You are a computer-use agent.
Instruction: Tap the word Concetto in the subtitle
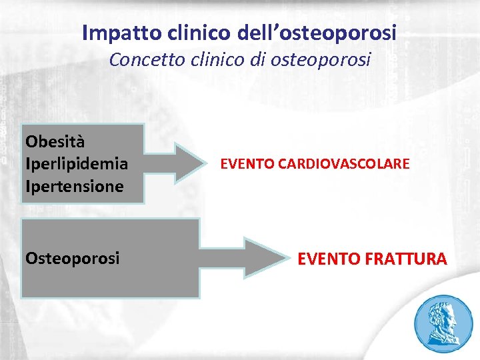pyautogui.click(x=139, y=60)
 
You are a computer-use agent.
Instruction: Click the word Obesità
pyautogui.click(x=55, y=141)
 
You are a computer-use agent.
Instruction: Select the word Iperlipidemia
pyautogui.click(x=76, y=163)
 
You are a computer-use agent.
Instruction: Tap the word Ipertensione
pyautogui.click(x=74, y=186)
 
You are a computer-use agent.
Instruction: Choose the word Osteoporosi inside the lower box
pyautogui.click(x=72, y=258)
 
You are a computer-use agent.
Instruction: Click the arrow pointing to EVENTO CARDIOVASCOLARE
pyautogui.click(x=177, y=163)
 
